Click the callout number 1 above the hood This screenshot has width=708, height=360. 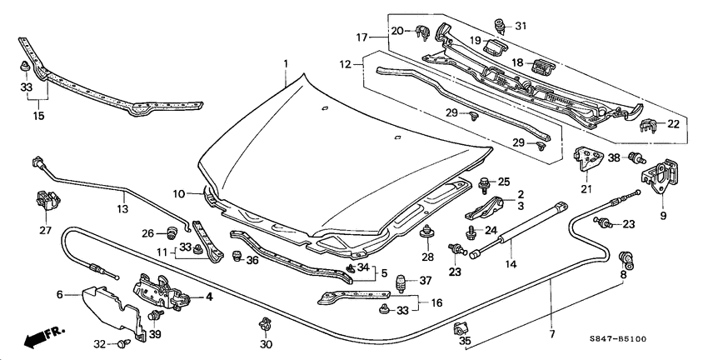[285, 63]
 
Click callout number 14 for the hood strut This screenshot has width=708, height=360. [511, 264]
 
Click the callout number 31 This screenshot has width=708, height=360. [522, 24]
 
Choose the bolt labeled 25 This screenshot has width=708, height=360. [484, 182]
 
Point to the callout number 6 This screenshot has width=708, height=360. [60, 293]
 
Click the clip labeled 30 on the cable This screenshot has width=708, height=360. [266, 324]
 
